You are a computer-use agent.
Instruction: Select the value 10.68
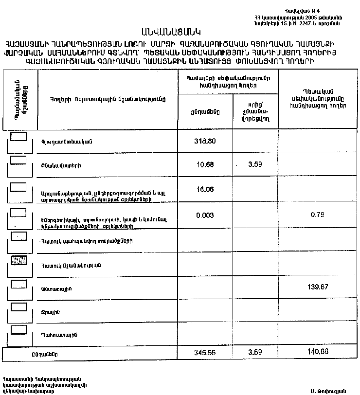pyautogui.click(x=204, y=164)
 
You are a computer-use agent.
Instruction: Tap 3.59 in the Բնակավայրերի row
pyautogui.click(x=255, y=164)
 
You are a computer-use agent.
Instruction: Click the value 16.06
pyautogui.click(x=204, y=189)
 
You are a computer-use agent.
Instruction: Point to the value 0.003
pyautogui.click(x=204, y=214)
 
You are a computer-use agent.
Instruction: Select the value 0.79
pyautogui.click(x=318, y=214)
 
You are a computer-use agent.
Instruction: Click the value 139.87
pyautogui.click(x=318, y=287)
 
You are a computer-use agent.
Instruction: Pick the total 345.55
pyautogui.click(x=204, y=353)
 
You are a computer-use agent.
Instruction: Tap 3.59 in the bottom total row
pyautogui.click(x=255, y=353)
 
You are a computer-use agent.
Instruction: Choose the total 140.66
pyautogui.click(x=318, y=353)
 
